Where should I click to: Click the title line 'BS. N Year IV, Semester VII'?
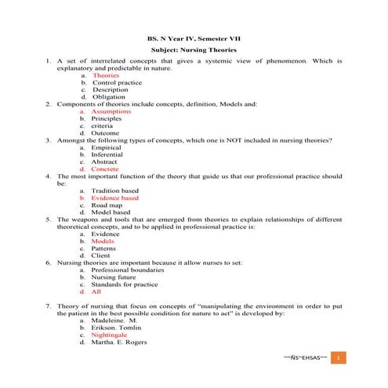click(194, 37)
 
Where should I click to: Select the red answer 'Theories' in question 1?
click(106, 75)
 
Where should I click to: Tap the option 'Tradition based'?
click(114, 190)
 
